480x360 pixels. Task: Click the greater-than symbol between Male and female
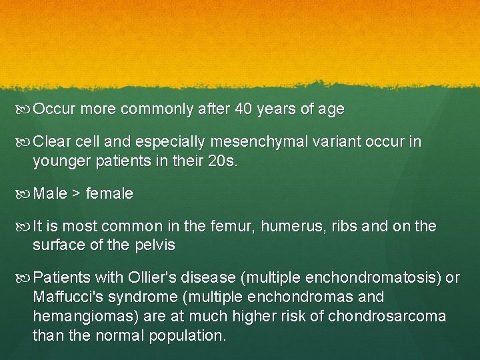pos(77,194)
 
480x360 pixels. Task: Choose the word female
pos(109,194)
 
